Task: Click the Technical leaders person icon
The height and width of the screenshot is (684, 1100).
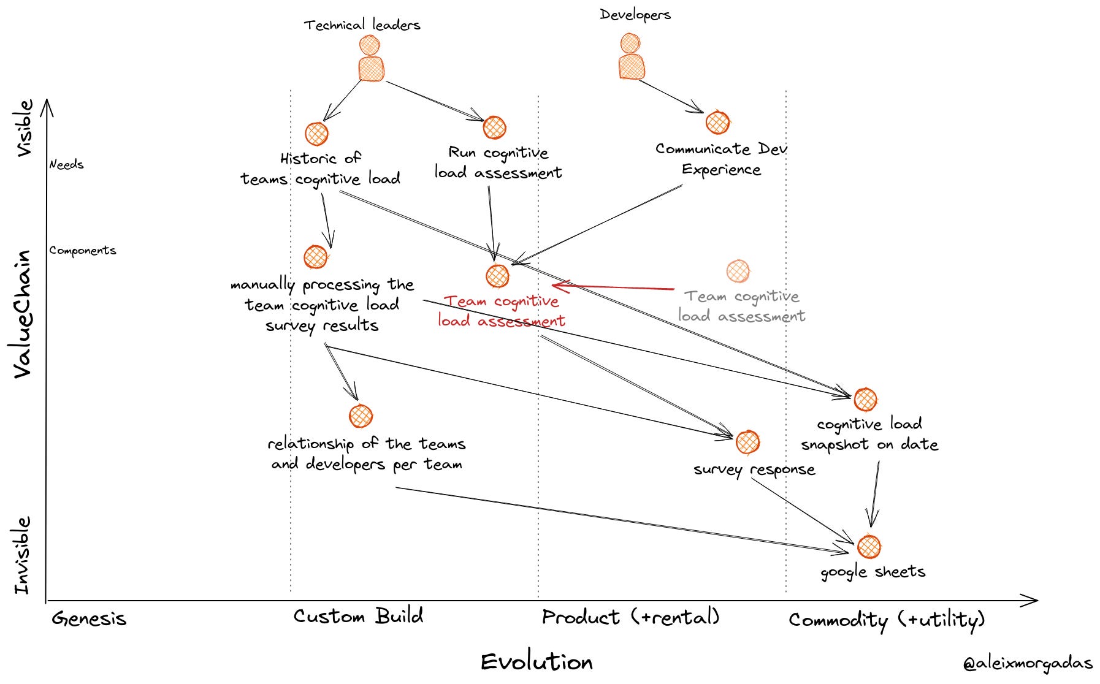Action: (370, 59)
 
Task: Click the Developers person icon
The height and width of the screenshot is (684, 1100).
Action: (631, 58)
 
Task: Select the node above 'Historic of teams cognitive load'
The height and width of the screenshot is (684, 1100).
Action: (316, 134)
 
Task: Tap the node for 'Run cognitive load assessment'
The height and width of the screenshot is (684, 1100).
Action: (494, 127)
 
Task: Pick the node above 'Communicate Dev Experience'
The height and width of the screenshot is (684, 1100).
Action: (717, 123)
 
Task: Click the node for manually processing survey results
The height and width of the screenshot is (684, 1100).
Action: (316, 257)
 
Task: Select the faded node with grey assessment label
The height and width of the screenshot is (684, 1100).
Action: (738, 271)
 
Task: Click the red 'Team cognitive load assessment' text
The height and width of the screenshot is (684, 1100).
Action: (501, 311)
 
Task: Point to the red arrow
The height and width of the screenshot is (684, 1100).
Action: (613, 287)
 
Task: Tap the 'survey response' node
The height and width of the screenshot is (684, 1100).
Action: (747, 442)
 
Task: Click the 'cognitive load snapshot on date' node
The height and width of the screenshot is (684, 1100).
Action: (865, 400)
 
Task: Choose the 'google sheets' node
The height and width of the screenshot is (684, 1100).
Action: (869, 547)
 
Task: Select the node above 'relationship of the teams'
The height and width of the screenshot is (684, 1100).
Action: (361, 416)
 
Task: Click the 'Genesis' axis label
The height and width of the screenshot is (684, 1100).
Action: (89, 618)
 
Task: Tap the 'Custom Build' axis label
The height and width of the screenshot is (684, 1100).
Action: (358, 616)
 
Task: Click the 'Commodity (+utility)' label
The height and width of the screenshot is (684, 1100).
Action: (887, 620)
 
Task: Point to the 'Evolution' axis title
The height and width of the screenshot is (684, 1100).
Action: (537, 662)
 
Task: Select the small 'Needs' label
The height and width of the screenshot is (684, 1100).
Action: (66, 164)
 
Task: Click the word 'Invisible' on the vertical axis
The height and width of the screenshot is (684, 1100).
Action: (23, 555)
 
